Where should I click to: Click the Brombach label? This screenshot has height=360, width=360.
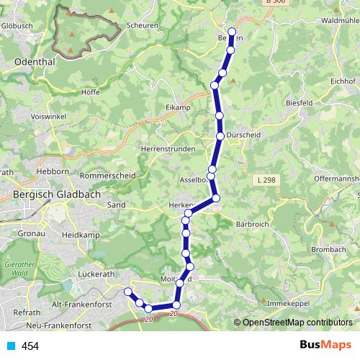329,249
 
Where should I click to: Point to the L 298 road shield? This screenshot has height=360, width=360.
266,179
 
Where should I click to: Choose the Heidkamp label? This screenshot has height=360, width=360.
80,235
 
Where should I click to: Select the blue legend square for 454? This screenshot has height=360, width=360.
11,346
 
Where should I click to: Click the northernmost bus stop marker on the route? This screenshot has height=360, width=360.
232,32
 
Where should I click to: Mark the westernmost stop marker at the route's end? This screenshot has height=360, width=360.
128,292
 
